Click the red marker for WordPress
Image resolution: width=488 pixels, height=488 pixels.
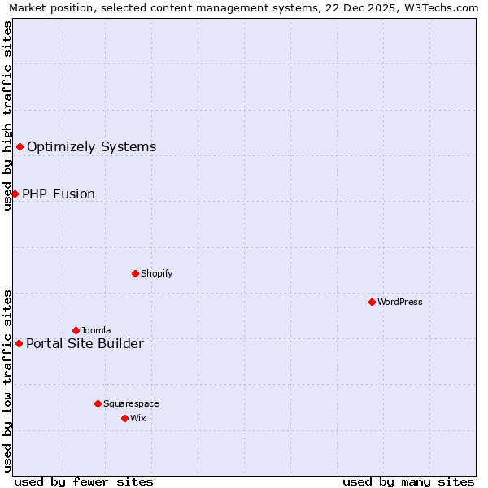tap(372, 302)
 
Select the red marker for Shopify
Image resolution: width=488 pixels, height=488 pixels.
tap(135, 273)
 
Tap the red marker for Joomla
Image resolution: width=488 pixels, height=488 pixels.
tap(76, 330)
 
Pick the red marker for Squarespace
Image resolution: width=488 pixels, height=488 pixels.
tap(98, 403)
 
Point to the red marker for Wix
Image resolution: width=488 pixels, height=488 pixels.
tap(124, 418)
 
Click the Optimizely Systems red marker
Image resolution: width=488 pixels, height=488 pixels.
tap(20, 146)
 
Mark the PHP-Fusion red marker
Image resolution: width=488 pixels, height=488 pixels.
tap(15, 194)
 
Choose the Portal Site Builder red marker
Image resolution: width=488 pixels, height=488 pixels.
tap(19, 343)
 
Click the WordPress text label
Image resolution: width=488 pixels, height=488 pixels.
tap(400, 302)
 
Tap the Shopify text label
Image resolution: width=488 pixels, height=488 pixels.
tap(156, 273)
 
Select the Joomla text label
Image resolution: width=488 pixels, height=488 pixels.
tap(96, 330)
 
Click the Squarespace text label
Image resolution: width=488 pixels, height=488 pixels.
tap(131, 403)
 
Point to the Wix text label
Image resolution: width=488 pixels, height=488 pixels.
tap(137, 418)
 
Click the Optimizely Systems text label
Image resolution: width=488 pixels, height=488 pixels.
tap(92, 146)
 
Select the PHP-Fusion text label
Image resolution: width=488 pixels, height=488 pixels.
tap(59, 194)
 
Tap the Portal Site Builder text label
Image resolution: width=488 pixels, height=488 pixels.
tap(85, 343)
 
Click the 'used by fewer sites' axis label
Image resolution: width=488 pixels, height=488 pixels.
tap(84, 481)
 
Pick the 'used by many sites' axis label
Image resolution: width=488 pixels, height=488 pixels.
tap(408, 481)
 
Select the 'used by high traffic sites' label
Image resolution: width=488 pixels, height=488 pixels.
tap(8, 115)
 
